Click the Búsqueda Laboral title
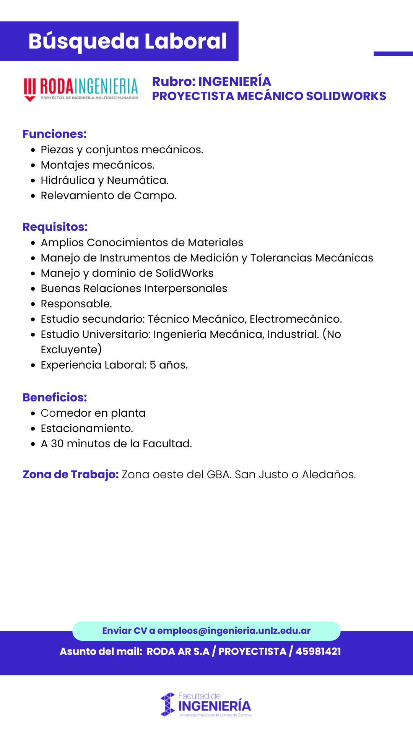coord(127,41)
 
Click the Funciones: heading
coord(55,134)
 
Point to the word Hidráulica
coord(68,180)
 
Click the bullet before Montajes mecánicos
coord(33,166)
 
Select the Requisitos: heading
coord(55,227)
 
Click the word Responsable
coord(76,304)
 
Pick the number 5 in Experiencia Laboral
coord(153,365)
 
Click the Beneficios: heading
coord(55,398)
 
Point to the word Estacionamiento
coord(87,429)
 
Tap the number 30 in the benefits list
coord(57,444)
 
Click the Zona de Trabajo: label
coord(71,474)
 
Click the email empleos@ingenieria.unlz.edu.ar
coord(234,631)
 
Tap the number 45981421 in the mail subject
coord(318,651)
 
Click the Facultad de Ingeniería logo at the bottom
coord(206,705)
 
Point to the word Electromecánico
coord(296,319)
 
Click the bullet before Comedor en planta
coord(33,414)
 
